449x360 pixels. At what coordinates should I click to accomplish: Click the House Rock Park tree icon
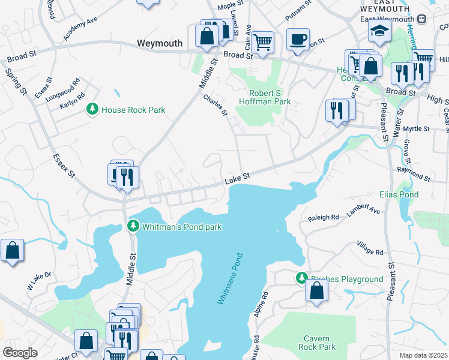point(92,109)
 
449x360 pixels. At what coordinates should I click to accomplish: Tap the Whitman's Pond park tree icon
point(133,226)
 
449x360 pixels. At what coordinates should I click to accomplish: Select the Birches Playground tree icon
point(301,278)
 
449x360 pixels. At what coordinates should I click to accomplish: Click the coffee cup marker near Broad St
point(298,39)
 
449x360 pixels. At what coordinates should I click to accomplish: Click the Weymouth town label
point(159,43)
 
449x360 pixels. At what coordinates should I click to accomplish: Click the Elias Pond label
point(399,195)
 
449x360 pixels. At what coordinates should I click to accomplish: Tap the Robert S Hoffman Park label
point(271,97)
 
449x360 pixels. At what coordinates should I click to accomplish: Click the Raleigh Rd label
point(324,217)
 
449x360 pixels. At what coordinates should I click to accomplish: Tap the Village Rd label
point(370,248)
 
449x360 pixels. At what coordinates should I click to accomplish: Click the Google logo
point(20,352)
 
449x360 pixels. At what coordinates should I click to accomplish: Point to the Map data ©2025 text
point(423,355)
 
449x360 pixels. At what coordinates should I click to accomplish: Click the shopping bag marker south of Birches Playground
point(316,290)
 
